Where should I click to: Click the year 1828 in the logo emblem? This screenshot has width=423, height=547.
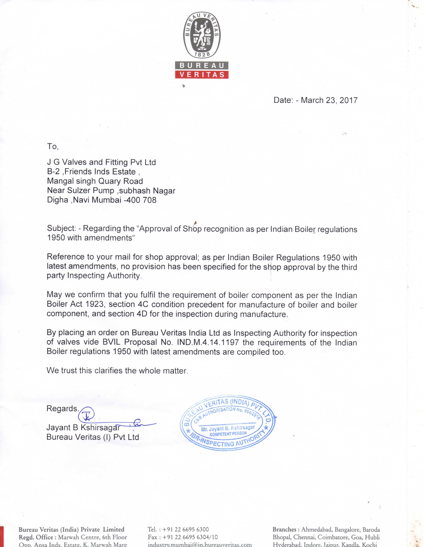[x=202, y=54]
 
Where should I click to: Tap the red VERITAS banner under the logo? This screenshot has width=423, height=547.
[x=202, y=75]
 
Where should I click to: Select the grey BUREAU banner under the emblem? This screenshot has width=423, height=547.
[x=202, y=65]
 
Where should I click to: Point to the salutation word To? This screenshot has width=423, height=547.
[x=52, y=147]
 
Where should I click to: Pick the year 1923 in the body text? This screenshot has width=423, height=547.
[x=95, y=304]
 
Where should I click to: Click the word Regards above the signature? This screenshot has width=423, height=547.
[x=62, y=408]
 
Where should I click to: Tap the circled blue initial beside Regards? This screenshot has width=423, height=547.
[x=87, y=414]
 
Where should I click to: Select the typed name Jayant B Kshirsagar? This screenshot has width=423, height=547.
[x=83, y=428]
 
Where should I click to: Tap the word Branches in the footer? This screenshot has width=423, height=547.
[x=284, y=529]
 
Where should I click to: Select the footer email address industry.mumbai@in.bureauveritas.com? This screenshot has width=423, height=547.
[x=200, y=544]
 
